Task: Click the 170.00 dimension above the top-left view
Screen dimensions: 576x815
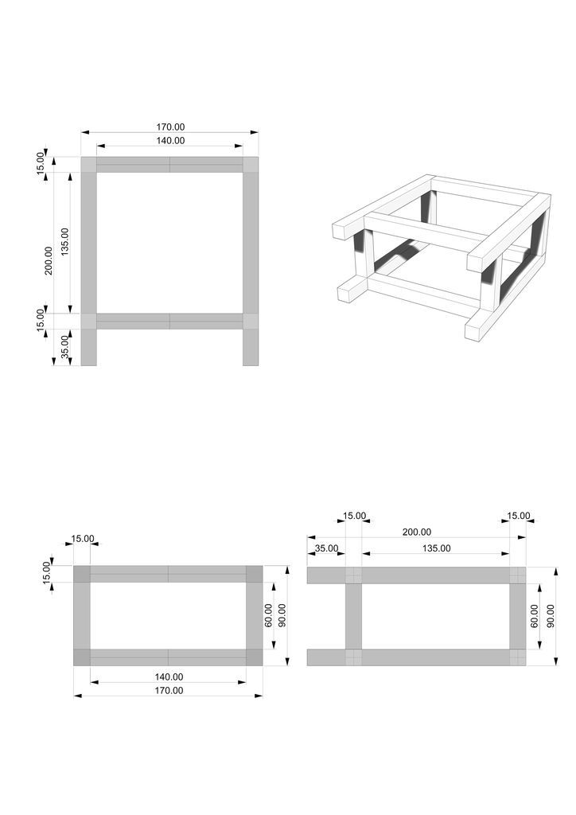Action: [x=170, y=127]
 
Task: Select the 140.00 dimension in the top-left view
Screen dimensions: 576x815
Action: [x=170, y=140]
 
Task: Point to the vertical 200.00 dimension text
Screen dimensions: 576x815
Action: [x=49, y=260]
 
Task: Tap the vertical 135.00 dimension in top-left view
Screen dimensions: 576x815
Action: [x=64, y=242]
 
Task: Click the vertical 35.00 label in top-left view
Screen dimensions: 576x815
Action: [x=64, y=347]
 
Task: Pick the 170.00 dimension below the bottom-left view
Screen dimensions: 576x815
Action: [x=169, y=690]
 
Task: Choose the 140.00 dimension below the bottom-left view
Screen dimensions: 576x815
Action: [x=169, y=677]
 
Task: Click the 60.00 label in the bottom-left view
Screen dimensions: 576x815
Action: [x=269, y=615]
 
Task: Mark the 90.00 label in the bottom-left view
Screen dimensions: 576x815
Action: [x=282, y=615]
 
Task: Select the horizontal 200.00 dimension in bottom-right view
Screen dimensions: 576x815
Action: [x=417, y=532]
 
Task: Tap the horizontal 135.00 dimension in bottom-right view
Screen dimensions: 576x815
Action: [x=436, y=548]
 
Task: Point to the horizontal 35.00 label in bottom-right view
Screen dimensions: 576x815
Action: [x=326, y=548]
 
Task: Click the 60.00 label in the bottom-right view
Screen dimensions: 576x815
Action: [x=535, y=615]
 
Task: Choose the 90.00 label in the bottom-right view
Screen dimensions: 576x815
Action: [x=551, y=615]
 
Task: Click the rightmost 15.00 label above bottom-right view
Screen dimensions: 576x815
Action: [x=519, y=516]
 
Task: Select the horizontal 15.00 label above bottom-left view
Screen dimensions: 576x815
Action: [x=83, y=539]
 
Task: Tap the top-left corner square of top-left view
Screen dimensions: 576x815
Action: [x=89, y=164]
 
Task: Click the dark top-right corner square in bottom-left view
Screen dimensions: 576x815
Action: [x=254, y=574]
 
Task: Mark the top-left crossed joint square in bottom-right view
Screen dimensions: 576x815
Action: [x=353, y=575]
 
